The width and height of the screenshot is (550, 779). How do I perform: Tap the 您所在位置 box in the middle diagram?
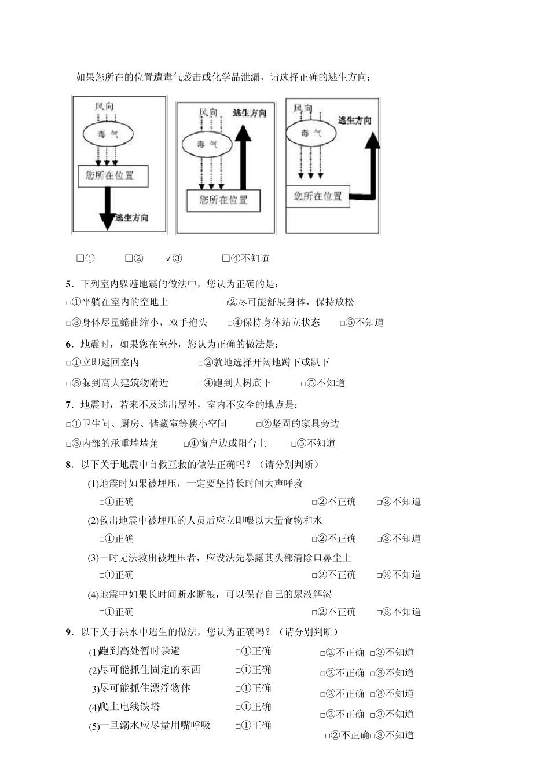[223, 200]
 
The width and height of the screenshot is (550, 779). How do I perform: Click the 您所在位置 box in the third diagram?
[317, 196]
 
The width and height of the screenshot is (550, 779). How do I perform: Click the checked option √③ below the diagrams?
[173, 258]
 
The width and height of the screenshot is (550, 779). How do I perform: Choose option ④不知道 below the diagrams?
[246, 258]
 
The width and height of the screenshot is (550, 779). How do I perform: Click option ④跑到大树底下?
[235, 382]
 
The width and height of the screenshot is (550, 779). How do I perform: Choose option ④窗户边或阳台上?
[225, 443]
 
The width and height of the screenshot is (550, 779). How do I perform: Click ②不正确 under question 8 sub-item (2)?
[334, 538]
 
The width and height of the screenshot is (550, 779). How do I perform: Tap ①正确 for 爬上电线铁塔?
[253, 707]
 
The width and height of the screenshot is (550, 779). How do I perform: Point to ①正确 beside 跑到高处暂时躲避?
[253, 651]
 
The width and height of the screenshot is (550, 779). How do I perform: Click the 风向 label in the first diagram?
[105, 107]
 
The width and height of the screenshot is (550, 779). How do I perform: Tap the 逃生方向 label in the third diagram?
[354, 120]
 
